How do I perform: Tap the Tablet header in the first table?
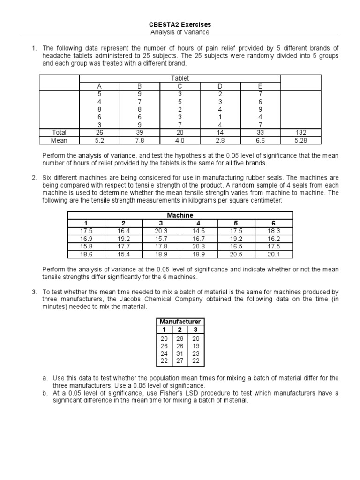tap(180, 78)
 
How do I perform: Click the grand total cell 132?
tap(301, 132)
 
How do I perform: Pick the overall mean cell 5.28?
tap(301, 140)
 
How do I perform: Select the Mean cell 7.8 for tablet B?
tap(139, 140)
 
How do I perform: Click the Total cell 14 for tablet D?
tap(220, 132)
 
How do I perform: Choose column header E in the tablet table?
tap(260, 86)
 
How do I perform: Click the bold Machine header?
tap(181, 215)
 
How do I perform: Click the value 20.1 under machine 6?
tap(273, 254)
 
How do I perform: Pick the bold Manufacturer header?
tap(180, 321)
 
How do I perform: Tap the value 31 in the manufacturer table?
tap(180, 353)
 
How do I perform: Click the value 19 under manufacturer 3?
tap(196, 345)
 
